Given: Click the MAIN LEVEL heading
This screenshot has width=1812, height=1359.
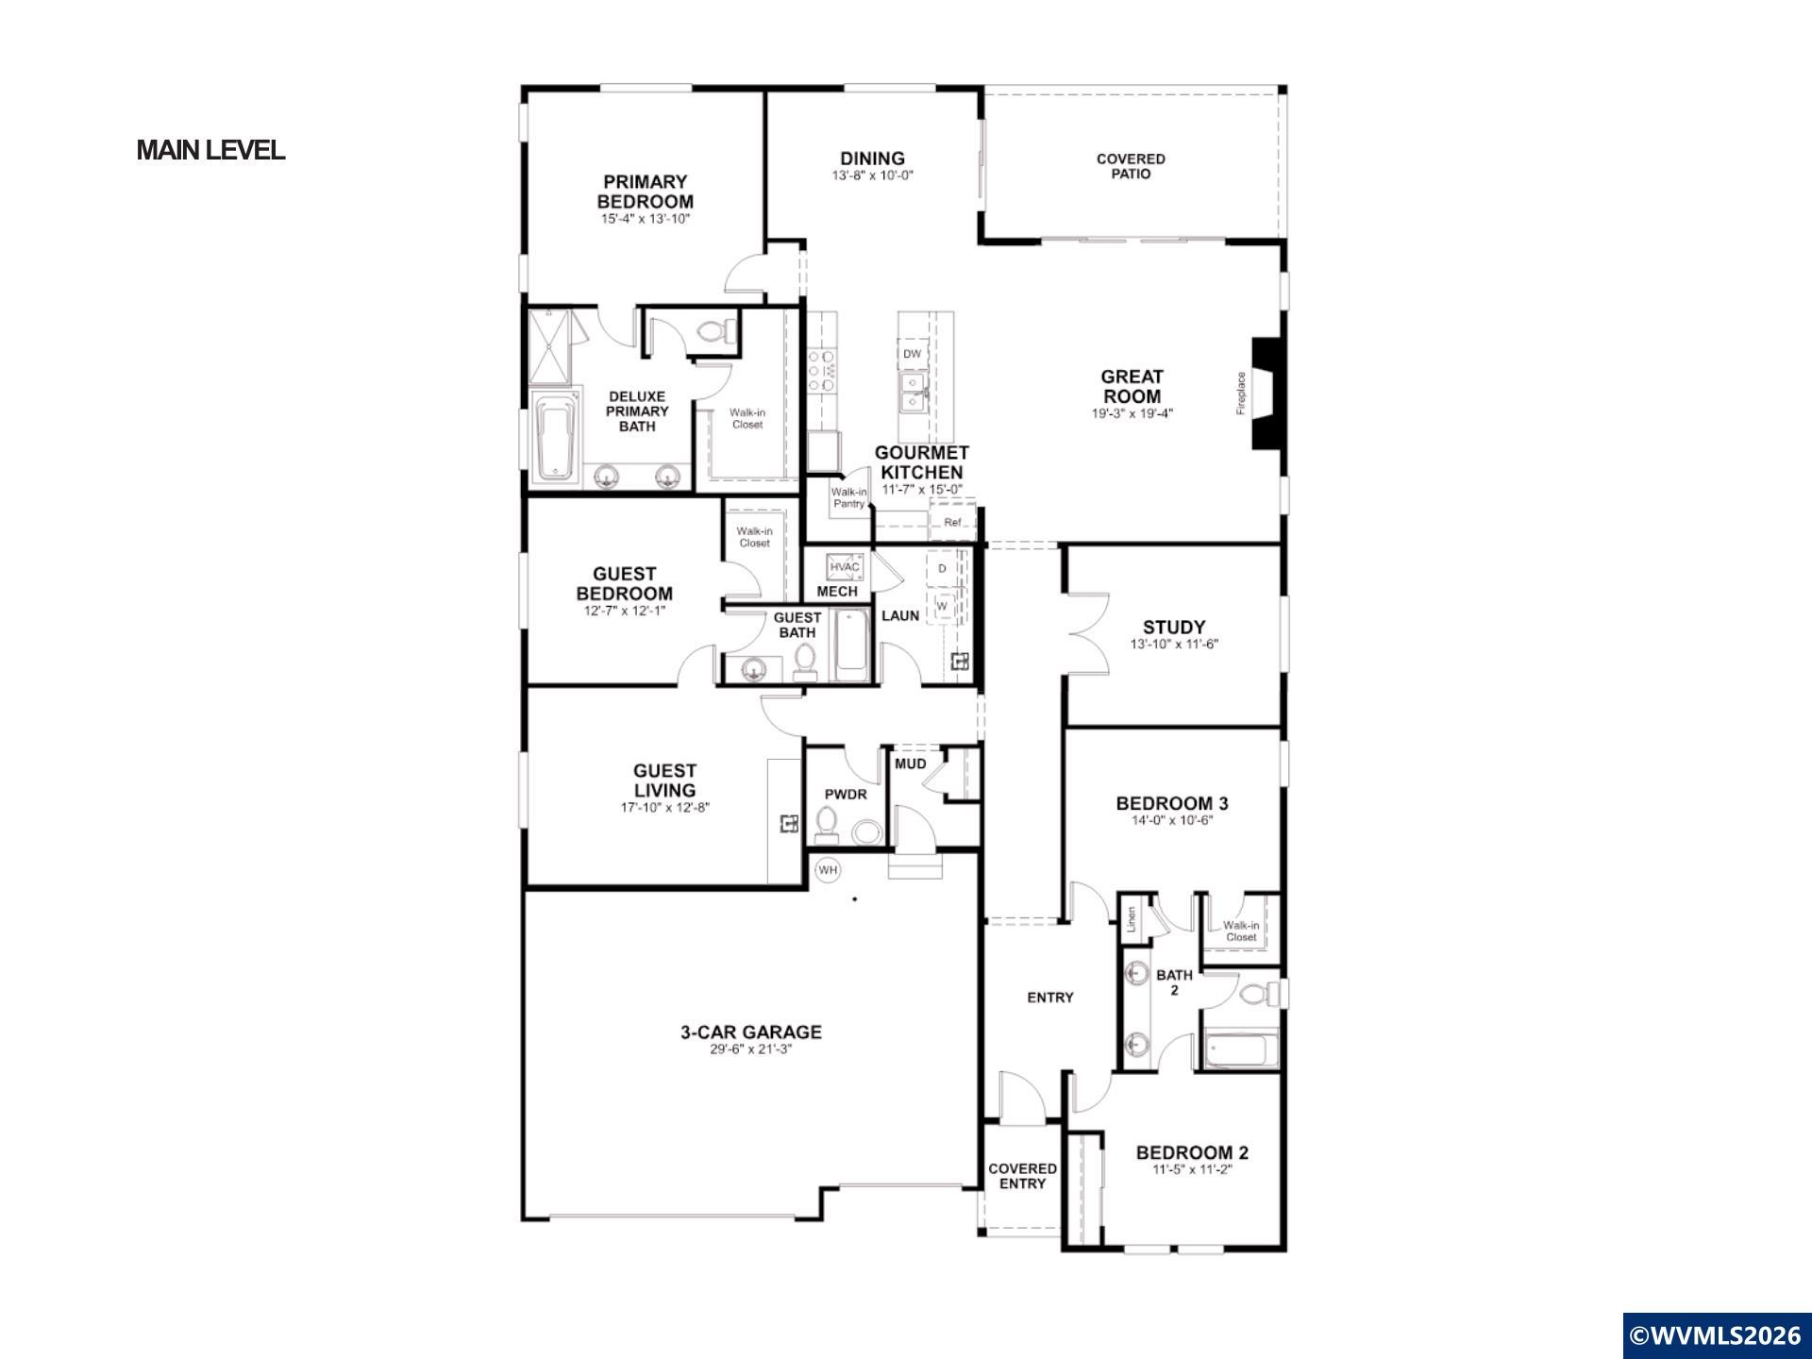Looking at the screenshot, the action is coord(210,150).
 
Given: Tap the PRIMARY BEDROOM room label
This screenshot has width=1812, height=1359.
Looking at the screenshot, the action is coord(646,192).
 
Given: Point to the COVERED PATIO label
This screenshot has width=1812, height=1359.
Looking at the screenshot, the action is coord(1131,166).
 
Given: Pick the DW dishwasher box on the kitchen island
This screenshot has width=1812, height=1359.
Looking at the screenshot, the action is coord(912,354).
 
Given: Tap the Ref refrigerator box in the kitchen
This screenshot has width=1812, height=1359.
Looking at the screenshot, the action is coord(952,522).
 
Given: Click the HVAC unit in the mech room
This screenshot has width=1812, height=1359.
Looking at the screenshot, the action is coord(845,566).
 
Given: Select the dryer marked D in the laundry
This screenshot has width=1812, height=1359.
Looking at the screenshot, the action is coord(942,568).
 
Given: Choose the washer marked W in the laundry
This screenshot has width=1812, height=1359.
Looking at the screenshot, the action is coord(942,606).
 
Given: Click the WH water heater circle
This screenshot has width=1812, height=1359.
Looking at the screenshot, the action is coord(828,870).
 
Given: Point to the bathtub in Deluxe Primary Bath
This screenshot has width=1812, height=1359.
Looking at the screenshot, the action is coord(555,436).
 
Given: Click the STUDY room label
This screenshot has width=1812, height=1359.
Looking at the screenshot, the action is coord(1174,627).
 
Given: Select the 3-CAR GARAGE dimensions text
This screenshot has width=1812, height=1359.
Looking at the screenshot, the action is coord(750,1049).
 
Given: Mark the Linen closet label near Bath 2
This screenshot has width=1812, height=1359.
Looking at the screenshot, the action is coord(1131,920).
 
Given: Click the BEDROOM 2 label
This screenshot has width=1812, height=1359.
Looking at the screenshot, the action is coord(1192,1152).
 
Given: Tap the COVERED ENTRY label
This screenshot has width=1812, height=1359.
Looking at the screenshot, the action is coord(1023,1176).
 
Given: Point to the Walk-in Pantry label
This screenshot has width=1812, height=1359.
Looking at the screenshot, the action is coord(848,497).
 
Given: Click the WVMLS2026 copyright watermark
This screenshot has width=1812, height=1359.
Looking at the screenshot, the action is coord(1717,1335).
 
